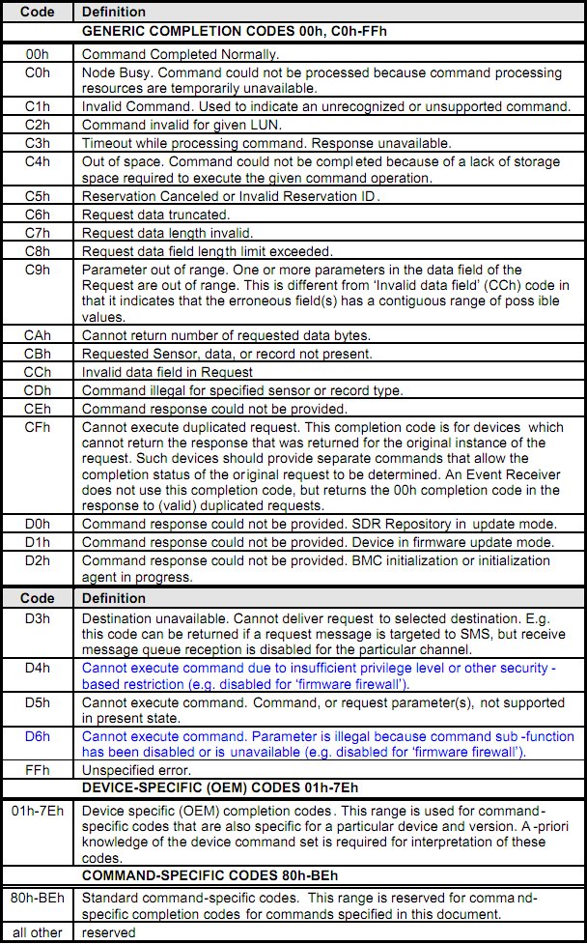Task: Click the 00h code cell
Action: (x=39, y=55)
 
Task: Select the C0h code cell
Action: (x=39, y=72)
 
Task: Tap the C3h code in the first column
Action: (x=39, y=142)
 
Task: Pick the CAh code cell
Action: (x=39, y=335)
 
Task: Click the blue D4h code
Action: (x=39, y=668)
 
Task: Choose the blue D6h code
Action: (x=39, y=737)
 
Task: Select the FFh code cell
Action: (x=39, y=769)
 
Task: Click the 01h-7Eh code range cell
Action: (x=39, y=804)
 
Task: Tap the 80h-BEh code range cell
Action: (x=39, y=898)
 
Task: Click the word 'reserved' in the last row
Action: (x=108, y=932)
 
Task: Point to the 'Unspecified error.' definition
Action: (x=137, y=769)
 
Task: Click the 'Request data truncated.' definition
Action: (x=155, y=214)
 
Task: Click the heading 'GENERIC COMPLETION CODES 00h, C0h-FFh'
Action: (x=221, y=31)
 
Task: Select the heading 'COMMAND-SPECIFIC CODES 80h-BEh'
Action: (x=210, y=875)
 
